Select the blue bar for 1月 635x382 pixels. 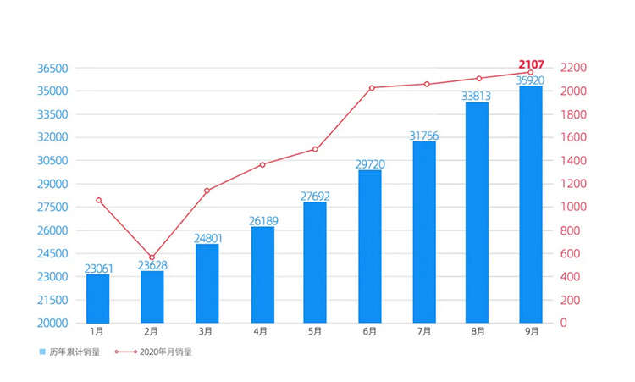[98, 298]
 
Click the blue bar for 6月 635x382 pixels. [370, 246]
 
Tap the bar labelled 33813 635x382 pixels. [477, 212]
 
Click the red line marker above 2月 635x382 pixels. [152, 257]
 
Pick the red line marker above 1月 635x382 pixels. [98, 200]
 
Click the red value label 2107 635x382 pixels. [531, 64]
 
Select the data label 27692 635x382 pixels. [316, 196]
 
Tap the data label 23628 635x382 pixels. [152, 265]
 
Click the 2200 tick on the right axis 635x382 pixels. [575, 68]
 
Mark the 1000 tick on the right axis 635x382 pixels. [575, 207]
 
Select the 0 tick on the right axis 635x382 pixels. [565, 323]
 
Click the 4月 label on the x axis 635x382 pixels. [262, 333]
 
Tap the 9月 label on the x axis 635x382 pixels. [531, 333]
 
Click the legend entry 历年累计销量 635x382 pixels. [73, 352]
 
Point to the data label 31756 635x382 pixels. [424, 136]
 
